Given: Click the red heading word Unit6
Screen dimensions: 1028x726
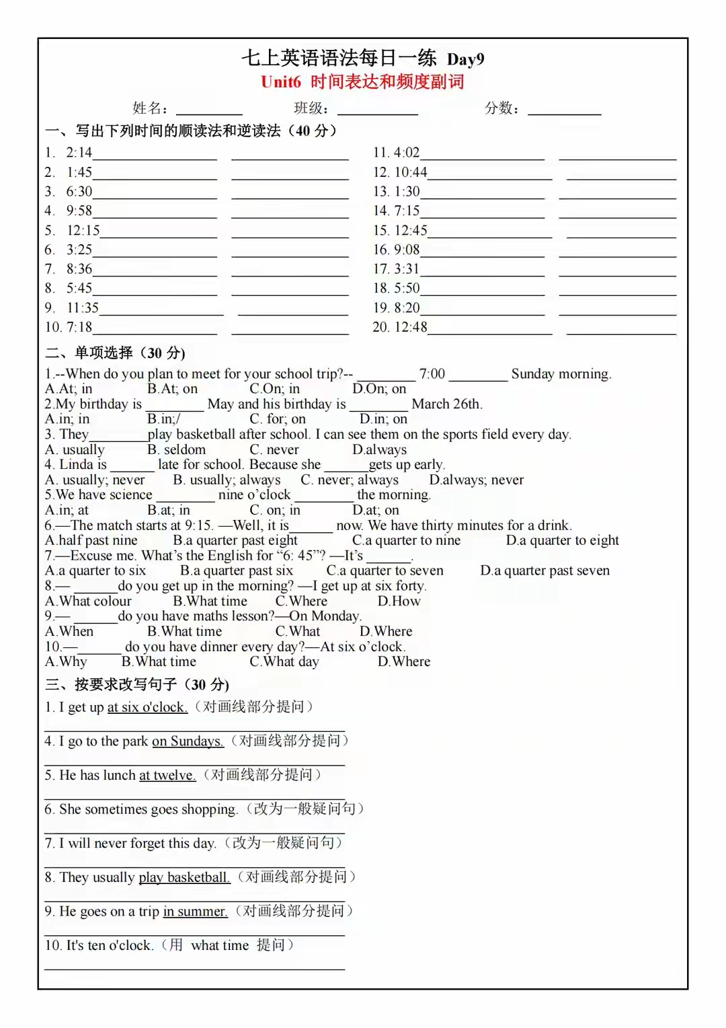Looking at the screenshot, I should coord(281,82).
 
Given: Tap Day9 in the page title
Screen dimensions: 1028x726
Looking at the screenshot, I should coord(465,59).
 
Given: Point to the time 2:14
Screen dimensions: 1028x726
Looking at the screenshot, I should coord(79,153).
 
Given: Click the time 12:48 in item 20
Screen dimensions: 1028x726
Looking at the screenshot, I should coord(410,327).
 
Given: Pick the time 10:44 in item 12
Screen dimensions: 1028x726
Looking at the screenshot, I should coord(410,172).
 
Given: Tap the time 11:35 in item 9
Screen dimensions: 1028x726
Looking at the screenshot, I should coord(82,308).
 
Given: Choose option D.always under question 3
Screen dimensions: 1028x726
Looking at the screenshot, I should coord(379,449).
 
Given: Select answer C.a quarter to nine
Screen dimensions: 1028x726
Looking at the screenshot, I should coord(406,540).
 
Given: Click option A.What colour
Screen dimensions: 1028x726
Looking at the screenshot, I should coord(88,601).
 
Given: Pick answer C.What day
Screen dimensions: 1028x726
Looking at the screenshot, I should coord(284,661).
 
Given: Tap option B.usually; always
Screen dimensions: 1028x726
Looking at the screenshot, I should coord(227,480).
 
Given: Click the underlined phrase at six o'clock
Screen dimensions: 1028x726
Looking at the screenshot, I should coord(147,707).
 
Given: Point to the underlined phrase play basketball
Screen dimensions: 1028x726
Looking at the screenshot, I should coord(184,877).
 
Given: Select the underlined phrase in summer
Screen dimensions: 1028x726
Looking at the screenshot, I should coord(195,912).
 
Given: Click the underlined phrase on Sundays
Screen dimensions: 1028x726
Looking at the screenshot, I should coord(188,741).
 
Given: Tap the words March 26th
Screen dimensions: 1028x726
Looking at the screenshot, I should coord(446,404).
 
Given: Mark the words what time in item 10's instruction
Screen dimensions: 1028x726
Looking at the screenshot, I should coord(220,945).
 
